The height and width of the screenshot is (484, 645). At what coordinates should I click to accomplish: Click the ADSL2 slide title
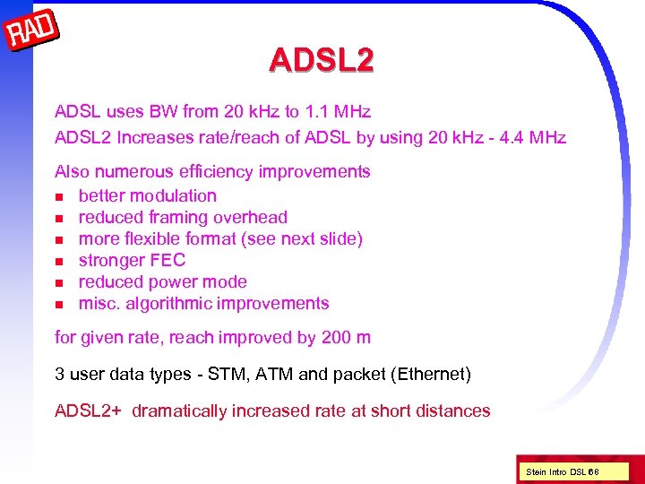coord(322,60)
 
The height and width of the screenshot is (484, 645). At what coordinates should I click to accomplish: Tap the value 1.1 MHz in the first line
coord(338,112)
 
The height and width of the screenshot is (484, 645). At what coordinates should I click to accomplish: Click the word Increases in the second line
coord(155,138)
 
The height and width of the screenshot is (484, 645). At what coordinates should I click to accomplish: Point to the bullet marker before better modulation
coord(60,196)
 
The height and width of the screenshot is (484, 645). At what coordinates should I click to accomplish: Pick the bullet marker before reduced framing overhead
coord(60,218)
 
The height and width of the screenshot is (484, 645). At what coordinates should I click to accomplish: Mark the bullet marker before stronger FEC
coord(60,261)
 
